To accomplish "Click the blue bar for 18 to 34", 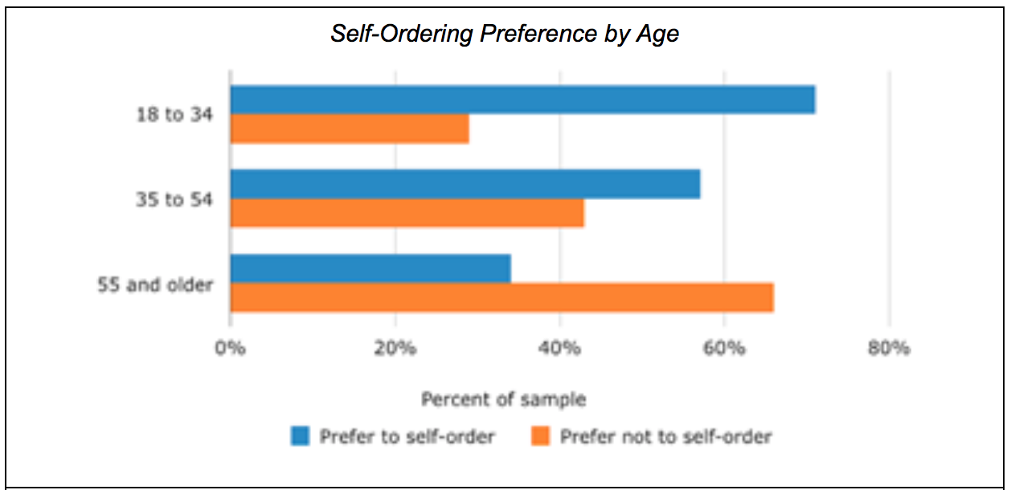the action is pos(523,100).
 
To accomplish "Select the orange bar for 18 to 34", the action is pos(350,129).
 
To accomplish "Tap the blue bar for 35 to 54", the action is pos(465,184).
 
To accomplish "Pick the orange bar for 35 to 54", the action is pos(407,213).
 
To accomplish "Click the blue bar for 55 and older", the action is pos(370,268).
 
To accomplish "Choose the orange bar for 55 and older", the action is pos(502,297).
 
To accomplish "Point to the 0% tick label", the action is pos(230,348).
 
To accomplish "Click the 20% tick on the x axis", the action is pos(395,348).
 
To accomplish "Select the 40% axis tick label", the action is pos(559,348).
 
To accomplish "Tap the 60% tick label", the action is pos(724,348).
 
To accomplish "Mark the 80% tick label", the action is pos(889,348).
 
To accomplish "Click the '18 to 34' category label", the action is pos(174,115).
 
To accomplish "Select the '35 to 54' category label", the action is pos(174,199).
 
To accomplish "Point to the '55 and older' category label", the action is pos(155,284).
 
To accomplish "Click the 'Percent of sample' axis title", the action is pos(504,400).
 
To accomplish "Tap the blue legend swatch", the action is pos(300,436).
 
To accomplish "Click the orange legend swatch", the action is pos(541,436).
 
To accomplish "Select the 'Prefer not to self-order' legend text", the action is pos(666,437).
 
